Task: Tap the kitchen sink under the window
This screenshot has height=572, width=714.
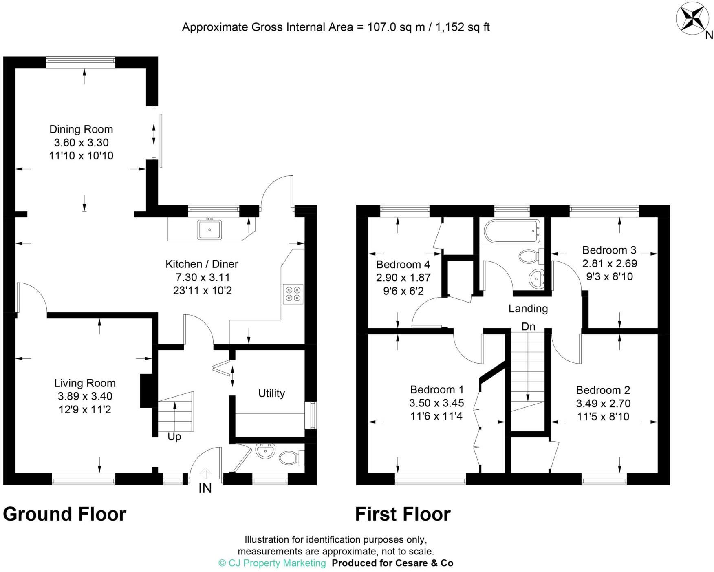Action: click(x=209, y=230)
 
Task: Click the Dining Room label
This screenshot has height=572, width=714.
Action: click(x=81, y=130)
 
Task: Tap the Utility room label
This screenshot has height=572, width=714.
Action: click(x=271, y=393)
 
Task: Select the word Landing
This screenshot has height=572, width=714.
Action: click(x=528, y=309)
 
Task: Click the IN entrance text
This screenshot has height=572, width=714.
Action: click(x=205, y=488)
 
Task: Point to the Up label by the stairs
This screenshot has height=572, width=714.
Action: click(x=174, y=437)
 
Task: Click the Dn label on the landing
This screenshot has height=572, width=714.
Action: click(x=528, y=327)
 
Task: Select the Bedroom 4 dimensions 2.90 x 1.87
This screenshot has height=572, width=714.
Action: click(x=403, y=278)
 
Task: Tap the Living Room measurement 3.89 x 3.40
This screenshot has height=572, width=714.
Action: click(x=85, y=396)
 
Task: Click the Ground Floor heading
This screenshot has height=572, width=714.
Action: click(x=64, y=514)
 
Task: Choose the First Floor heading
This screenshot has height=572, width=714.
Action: click(x=403, y=514)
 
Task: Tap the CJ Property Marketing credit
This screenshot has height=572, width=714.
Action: click(x=272, y=563)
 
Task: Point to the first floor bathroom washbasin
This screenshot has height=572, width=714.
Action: click(x=537, y=279)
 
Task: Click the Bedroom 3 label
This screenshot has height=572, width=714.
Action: click(x=609, y=250)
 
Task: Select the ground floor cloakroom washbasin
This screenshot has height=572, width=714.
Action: click(x=265, y=451)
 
